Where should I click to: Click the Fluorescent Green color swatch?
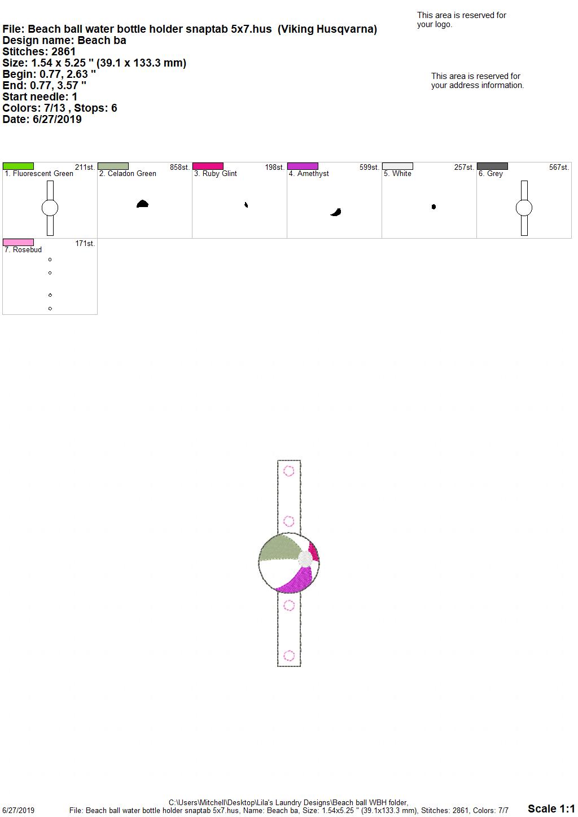18,166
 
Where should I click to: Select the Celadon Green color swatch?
113,166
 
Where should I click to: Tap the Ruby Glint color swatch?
208,166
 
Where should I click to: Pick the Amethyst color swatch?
303,166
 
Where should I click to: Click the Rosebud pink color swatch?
18,242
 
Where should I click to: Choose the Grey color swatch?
492,166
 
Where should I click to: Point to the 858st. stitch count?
179,168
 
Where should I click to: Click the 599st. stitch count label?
369,168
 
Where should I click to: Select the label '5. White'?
397,174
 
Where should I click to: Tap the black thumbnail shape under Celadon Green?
142,204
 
